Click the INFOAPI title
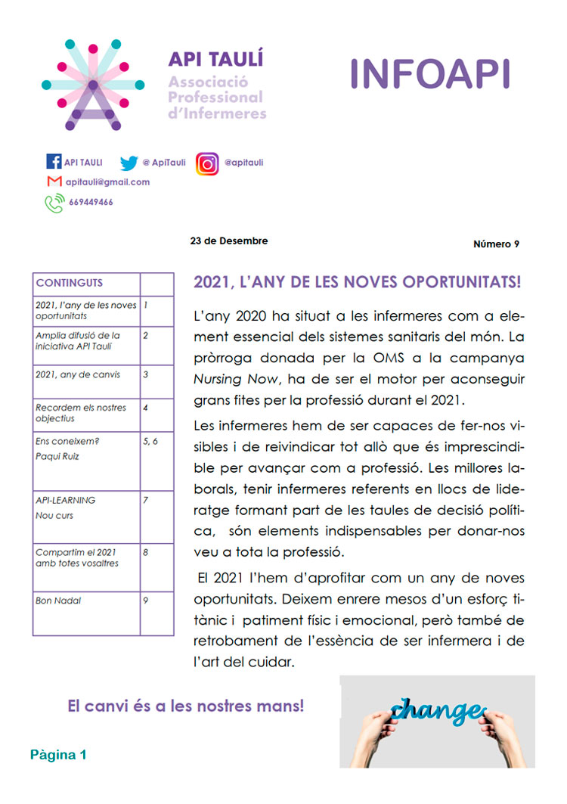(430, 74)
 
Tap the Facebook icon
(54, 162)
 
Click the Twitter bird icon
(129, 162)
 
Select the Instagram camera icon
(207, 163)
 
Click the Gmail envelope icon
(54, 182)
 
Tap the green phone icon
(54, 203)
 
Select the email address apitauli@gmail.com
(107, 182)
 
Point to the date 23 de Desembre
(229, 241)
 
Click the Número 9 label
(496, 244)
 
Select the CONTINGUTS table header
(70, 283)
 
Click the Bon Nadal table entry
(58, 601)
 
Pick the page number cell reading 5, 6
(150, 441)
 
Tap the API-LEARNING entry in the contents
(66, 500)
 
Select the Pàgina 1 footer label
(59, 755)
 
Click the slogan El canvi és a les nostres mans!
(186, 706)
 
